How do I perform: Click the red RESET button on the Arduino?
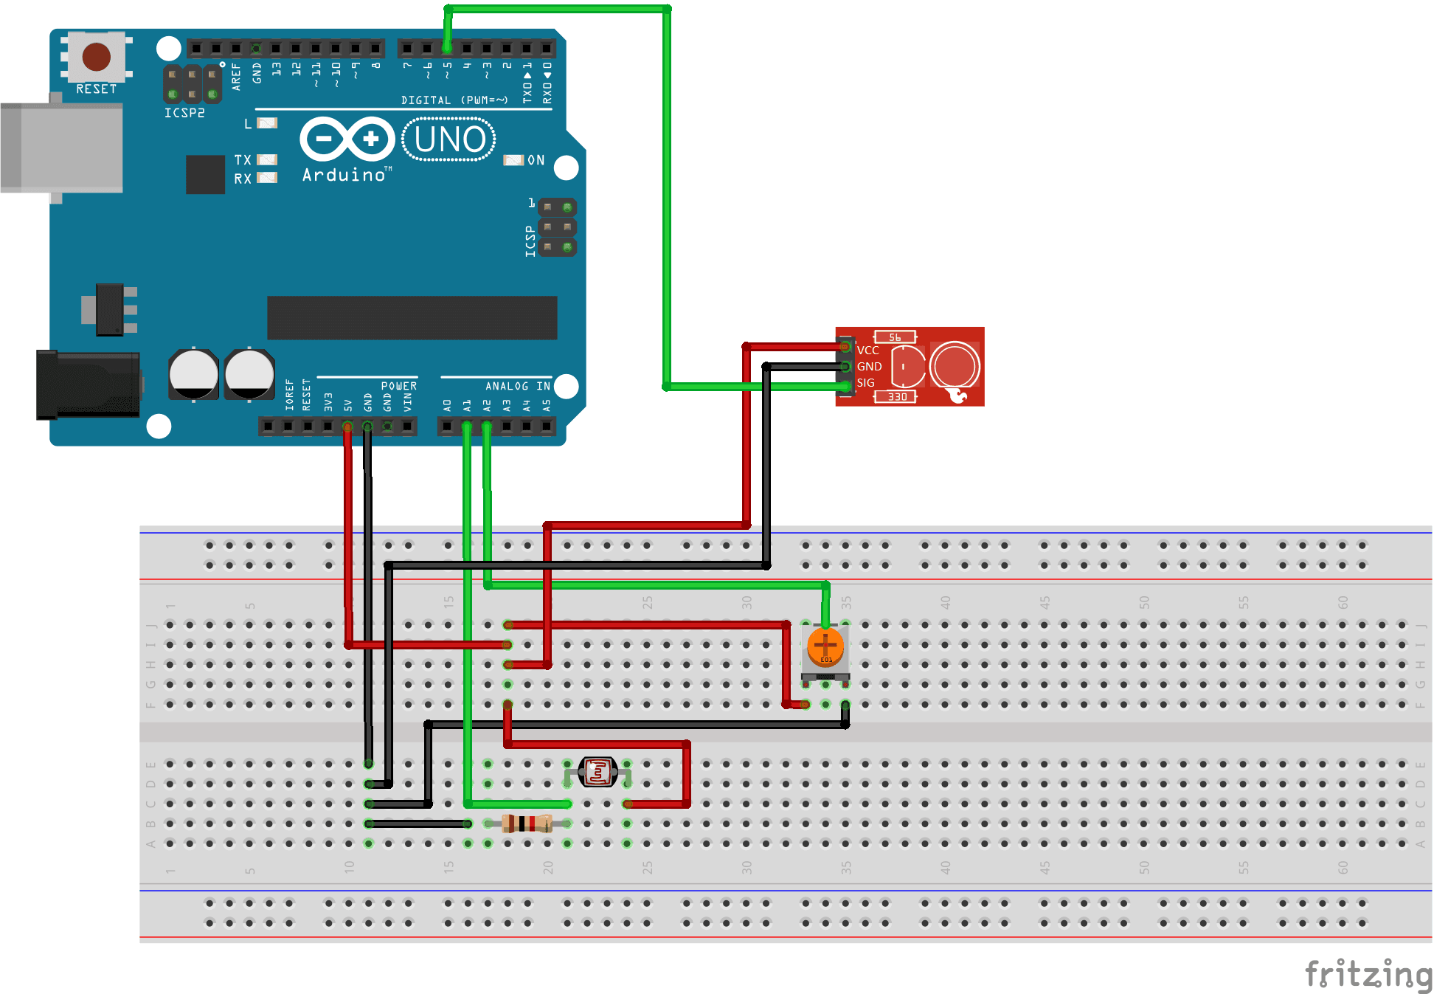point(96,57)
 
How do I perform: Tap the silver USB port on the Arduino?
point(62,148)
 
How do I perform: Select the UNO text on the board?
point(449,139)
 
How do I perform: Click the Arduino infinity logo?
point(347,139)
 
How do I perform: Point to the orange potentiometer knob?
point(825,646)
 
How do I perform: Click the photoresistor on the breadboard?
point(597,772)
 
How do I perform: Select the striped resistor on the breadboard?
point(527,824)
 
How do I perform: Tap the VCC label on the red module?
point(868,351)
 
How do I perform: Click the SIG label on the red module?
point(866,383)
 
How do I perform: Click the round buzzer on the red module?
point(955,366)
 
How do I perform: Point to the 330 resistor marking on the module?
point(896,397)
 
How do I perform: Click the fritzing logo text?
point(1368,974)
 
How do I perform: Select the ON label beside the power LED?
point(536,160)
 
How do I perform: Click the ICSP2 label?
point(184,113)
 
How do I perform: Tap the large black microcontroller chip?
point(412,318)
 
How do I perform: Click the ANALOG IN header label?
point(517,386)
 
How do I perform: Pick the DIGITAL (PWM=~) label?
point(454,100)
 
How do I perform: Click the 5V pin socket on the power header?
point(347,426)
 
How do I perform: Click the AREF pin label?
point(236,76)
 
